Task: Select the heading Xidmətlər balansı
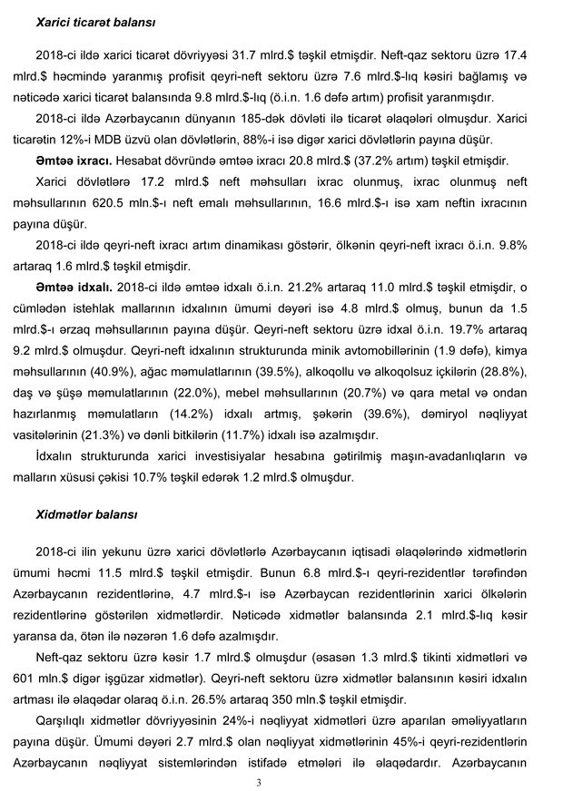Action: pyautogui.click(x=86, y=514)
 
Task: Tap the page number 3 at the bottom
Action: pyautogui.click(x=259, y=783)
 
